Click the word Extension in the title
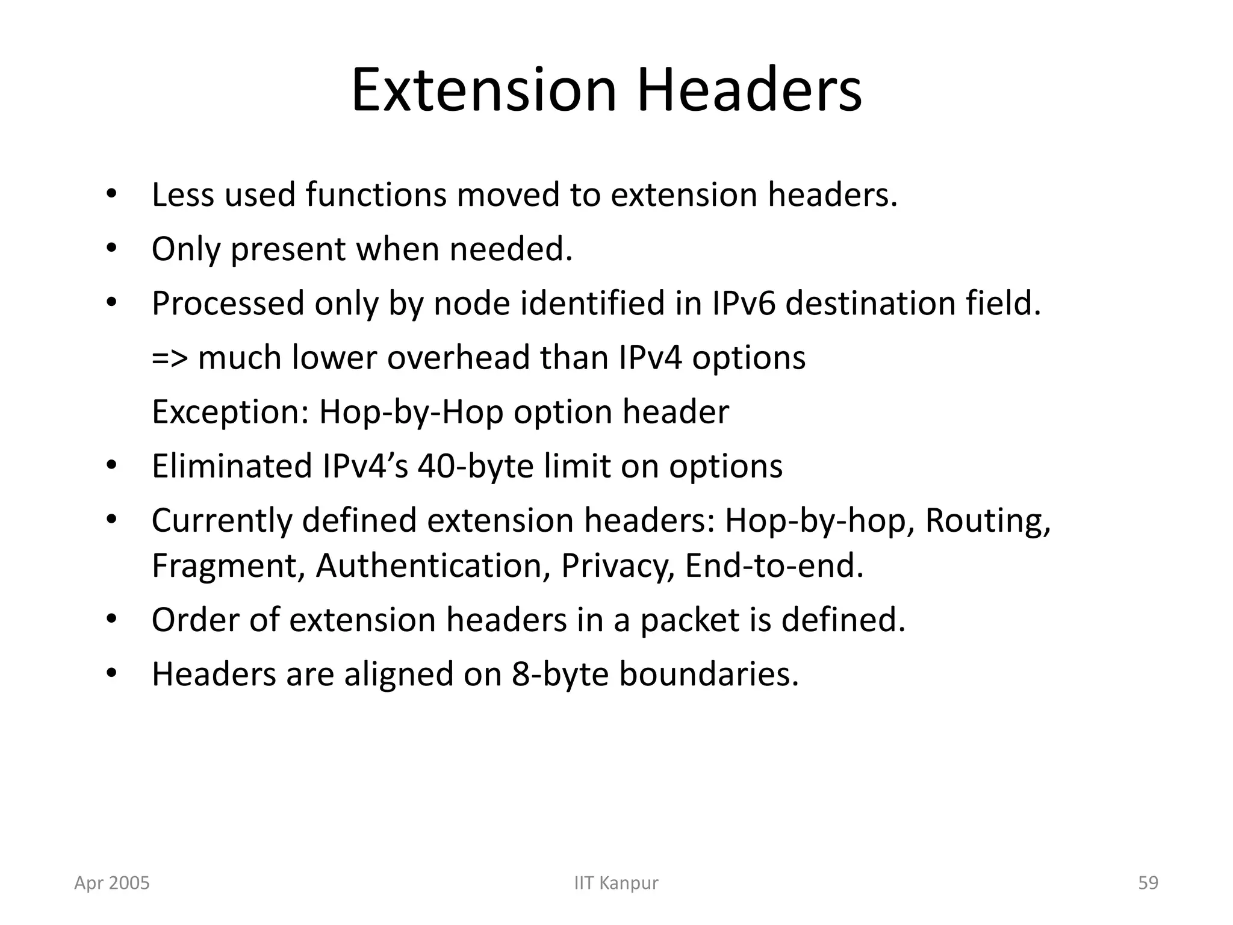[484, 91]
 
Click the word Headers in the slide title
[749, 91]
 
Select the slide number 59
[1148, 883]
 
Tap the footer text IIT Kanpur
[616, 883]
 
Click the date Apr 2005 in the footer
[112, 883]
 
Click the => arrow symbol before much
[169, 358]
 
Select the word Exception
[230, 412]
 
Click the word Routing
[987, 520]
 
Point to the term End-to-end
[774, 565]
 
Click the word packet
[689, 620]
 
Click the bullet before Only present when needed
[111, 249]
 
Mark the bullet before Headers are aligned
[111, 674]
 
